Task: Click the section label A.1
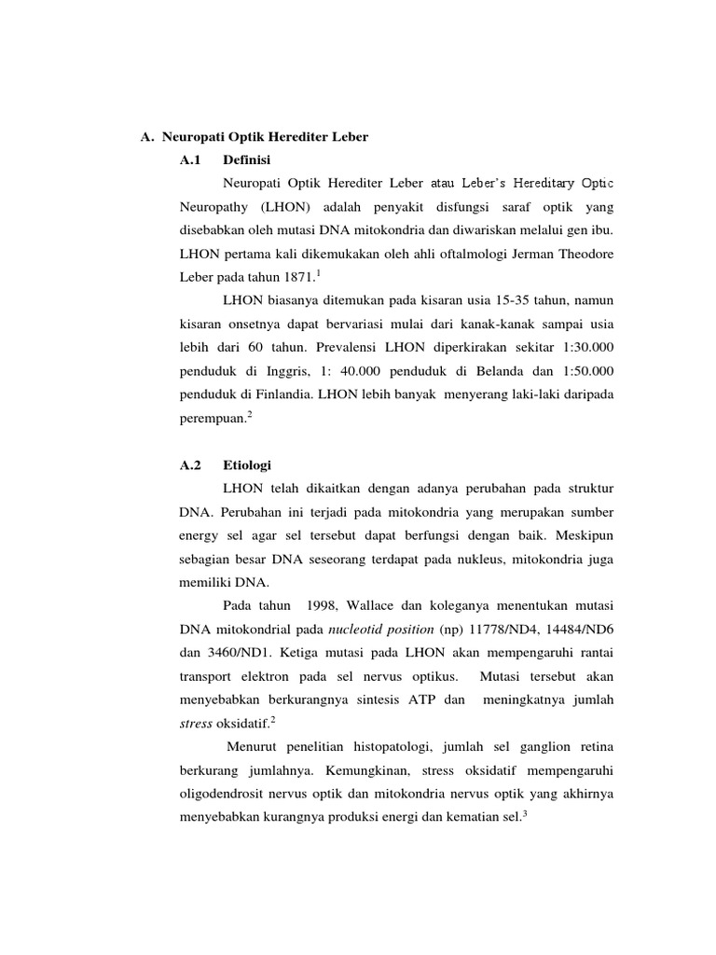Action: point(190,160)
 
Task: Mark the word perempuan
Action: point(212,421)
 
